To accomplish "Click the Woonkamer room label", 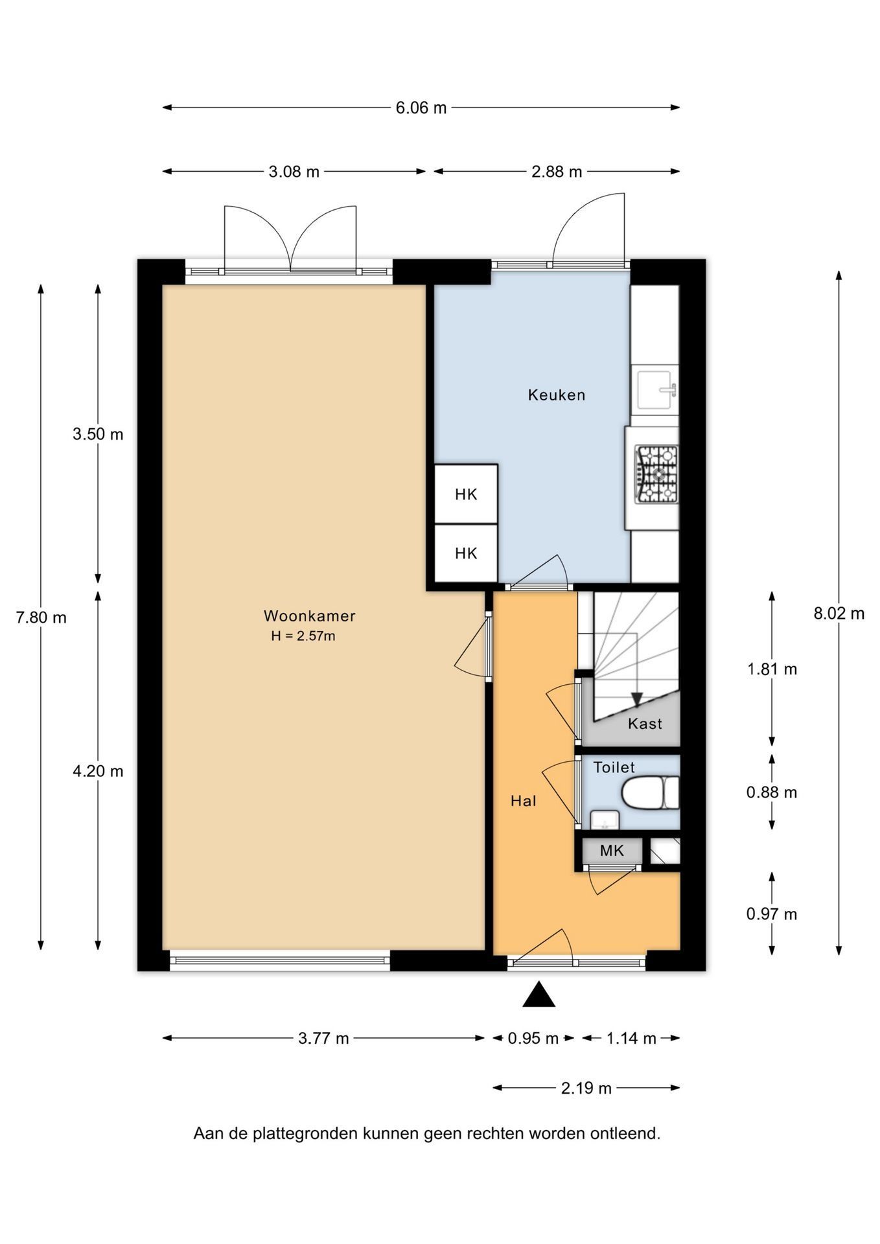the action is tap(309, 616).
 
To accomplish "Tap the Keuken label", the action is tap(557, 395).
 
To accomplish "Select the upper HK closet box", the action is tap(466, 494).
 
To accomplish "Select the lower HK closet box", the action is tap(466, 553).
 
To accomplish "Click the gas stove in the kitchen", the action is tap(656, 474).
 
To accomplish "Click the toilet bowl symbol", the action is tap(650, 793).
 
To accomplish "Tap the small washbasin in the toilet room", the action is tap(605, 820).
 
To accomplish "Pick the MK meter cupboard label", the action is tap(612, 851).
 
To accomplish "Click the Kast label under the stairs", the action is tap(645, 724).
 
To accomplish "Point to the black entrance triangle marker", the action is tap(539, 994).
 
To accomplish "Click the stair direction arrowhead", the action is tap(637, 700).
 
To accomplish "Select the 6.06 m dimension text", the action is tap(421, 108).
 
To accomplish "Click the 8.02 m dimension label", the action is tap(839, 613).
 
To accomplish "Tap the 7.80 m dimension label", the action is tap(41, 617).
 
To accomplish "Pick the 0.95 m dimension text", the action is tap(533, 1039).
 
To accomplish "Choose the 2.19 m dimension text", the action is tap(586, 1088).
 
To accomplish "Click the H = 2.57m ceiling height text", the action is tap(303, 636).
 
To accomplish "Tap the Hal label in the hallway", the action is tap(524, 801).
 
